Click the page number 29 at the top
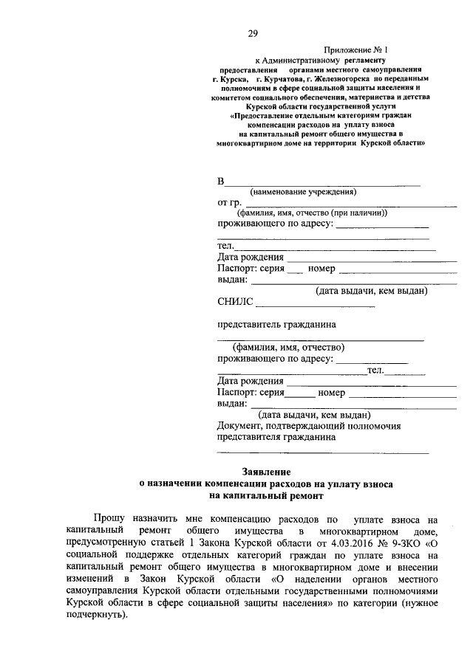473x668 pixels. click(x=253, y=34)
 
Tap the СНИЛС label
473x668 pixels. click(x=235, y=301)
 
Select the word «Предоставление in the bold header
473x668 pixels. click(x=271, y=116)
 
